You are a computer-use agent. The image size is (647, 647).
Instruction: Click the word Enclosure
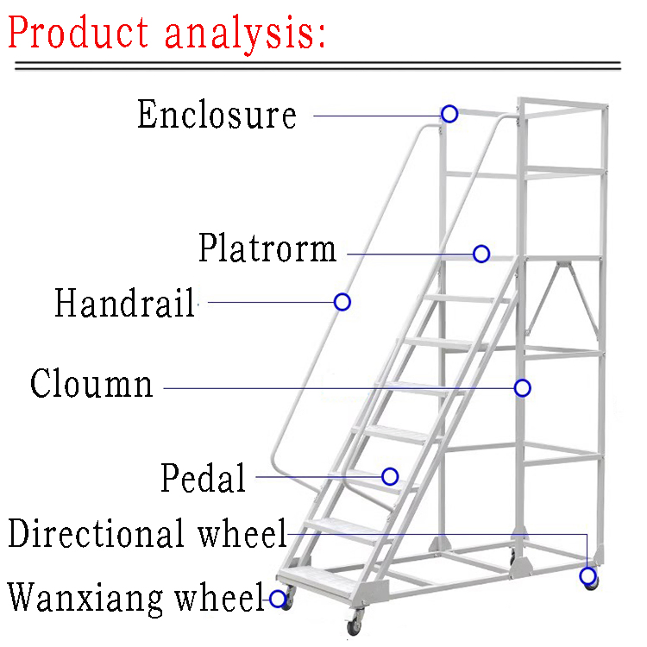pos(217,115)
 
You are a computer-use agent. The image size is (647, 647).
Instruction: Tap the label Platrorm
pos(267,248)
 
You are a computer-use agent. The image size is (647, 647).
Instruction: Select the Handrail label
pos(125,304)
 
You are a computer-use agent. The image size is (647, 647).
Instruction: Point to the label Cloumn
pos(91,384)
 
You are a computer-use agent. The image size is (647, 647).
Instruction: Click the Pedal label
pos(204,478)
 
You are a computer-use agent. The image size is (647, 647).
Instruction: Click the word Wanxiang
pos(86,596)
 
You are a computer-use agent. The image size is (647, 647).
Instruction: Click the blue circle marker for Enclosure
pos(449,114)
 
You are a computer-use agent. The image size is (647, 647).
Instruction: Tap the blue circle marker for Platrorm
pos(481,254)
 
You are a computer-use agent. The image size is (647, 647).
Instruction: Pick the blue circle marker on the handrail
pos(342,302)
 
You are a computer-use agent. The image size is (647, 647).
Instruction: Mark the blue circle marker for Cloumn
pos(522,388)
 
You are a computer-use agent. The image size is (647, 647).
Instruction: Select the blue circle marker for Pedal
pos(390,476)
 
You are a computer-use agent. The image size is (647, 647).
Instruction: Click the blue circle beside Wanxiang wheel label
pos(278,599)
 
